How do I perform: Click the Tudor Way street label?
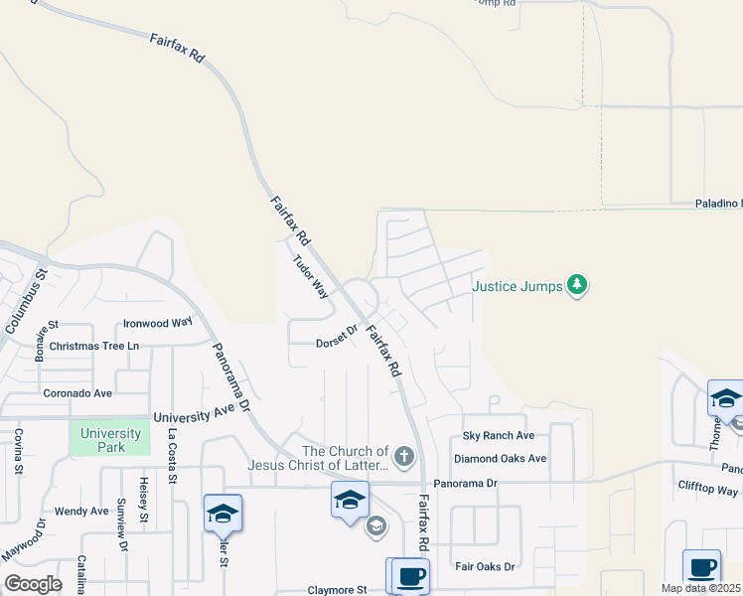pyautogui.click(x=310, y=277)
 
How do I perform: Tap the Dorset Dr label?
pyautogui.click(x=336, y=339)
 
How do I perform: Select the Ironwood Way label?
pyautogui.click(x=157, y=323)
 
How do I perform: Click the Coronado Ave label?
pyautogui.click(x=77, y=393)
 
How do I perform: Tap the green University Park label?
pyautogui.click(x=109, y=440)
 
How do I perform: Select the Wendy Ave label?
pyautogui.click(x=81, y=512)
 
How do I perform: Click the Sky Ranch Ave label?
pyautogui.click(x=499, y=436)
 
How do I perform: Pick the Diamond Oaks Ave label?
pyautogui.click(x=501, y=459)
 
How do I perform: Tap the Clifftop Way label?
pyautogui.click(x=708, y=491)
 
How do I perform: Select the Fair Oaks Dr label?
pyautogui.click(x=485, y=566)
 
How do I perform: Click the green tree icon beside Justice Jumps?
pyautogui.click(x=576, y=287)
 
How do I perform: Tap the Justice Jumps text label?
pyautogui.click(x=517, y=287)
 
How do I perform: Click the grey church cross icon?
pyautogui.click(x=402, y=457)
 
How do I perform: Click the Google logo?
pyautogui.click(x=34, y=584)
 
